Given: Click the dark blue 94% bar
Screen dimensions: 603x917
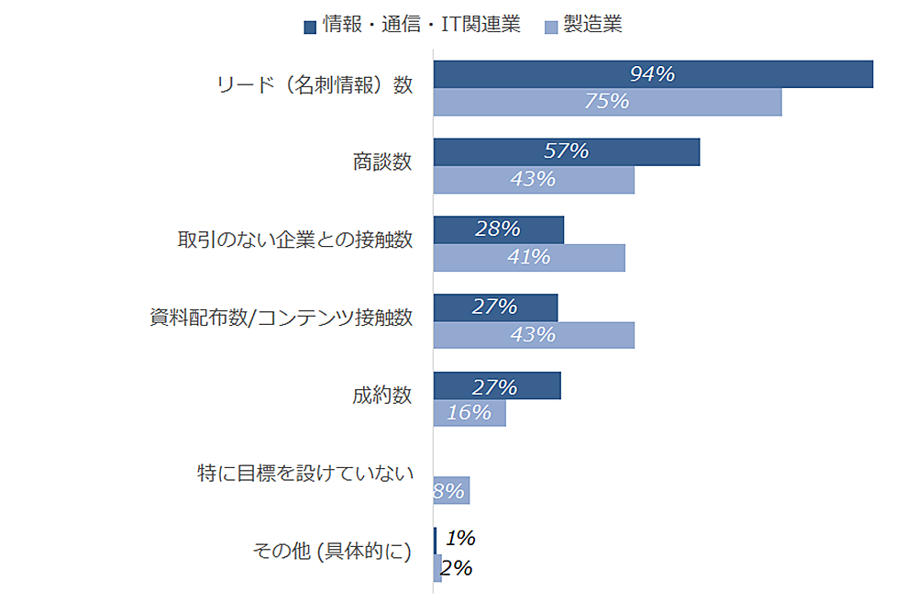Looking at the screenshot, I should (x=653, y=74).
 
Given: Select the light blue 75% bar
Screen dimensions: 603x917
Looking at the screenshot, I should (x=607, y=102).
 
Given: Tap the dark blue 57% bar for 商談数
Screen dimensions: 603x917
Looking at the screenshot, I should (x=566, y=152).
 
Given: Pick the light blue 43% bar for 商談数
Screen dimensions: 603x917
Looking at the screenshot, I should (x=534, y=180).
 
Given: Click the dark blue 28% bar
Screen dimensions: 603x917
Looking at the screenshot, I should (x=498, y=229).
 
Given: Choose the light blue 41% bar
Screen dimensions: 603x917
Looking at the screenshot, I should (x=529, y=258).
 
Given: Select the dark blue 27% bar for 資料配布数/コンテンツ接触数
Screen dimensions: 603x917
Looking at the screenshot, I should (x=495, y=307).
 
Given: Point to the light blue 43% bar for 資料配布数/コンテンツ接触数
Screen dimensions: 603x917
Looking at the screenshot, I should (x=534, y=335).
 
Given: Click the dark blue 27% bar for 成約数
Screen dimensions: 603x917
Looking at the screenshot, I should (x=496, y=385).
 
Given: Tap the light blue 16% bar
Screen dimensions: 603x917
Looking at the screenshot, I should (x=470, y=413).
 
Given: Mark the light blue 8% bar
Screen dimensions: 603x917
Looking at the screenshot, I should (x=451, y=491).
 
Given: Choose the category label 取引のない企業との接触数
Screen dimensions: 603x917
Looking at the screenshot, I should (x=294, y=240).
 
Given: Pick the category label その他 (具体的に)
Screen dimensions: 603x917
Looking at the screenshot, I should (x=332, y=552).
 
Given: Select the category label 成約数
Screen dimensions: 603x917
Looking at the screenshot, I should (x=381, y=396).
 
